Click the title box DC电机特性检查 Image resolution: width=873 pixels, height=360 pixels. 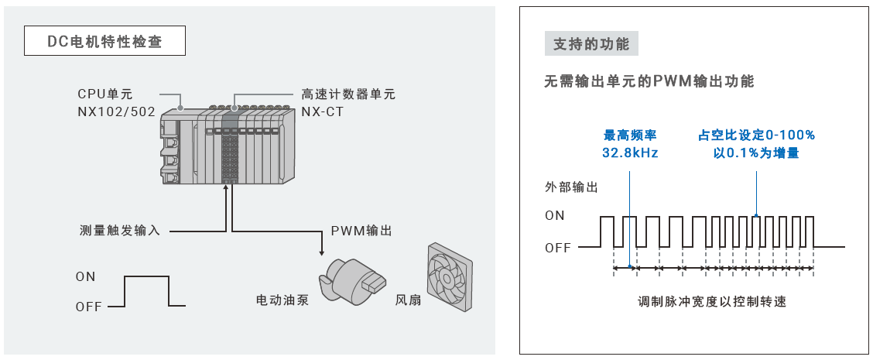pyautogui.click(x=104, y=41)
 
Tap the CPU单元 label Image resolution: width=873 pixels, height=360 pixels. pyautogui.click(x=106, y=94)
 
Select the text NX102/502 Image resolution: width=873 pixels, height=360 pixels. pyautogui.click(x=116, y=111)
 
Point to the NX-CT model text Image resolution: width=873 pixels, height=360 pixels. pyautogui.click(x=323, y=111)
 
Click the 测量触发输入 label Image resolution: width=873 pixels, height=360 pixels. pyautogui.click(x=120, y=230)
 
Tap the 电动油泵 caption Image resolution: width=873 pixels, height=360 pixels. pyautogui.click(x=282, y=300)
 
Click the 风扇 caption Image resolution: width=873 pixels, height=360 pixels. pyautogui.click(x=408, y=300)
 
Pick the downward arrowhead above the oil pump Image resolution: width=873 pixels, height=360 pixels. pyautogui.click(x=321, y=253)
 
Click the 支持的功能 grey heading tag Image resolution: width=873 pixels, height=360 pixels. pyautogui.click(x=591, y=44)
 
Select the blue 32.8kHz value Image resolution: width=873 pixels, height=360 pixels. pyautogui.click(x=630, y=153)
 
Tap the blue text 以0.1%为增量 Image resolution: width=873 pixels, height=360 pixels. pyautogui.click(x=756, y=153)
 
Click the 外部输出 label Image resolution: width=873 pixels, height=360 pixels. pyautogui.click(x=571, y=187)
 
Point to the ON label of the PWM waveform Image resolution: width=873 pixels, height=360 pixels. pyautogui.click(x=555, y=216)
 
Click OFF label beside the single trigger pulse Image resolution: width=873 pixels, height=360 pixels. pyautogui.click(x=89, y=307)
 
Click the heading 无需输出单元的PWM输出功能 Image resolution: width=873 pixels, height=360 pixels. pyautogui.click(x=649, y=81)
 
